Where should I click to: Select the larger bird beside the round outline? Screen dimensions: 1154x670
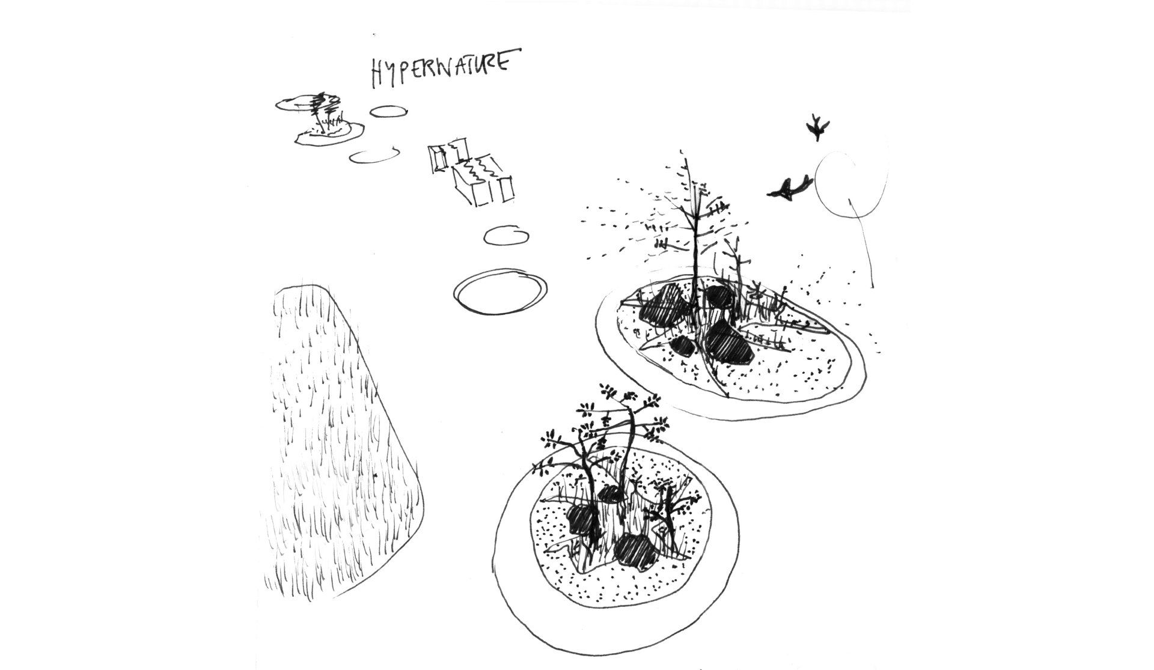(x=789, y=187)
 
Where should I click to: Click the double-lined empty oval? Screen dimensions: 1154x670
(x=499, y=291)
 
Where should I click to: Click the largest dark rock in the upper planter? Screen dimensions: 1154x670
(x=727, y=346)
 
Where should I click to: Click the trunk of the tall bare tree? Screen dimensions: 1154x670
(x=696, y=240)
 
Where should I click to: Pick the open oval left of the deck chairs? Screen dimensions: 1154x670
(x=375, y=155)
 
